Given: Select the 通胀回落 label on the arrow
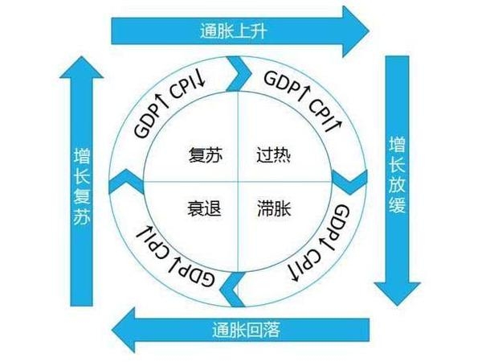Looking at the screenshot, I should click(x=246, y=328).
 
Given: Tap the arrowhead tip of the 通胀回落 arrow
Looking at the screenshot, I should click(x=112, y=327).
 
